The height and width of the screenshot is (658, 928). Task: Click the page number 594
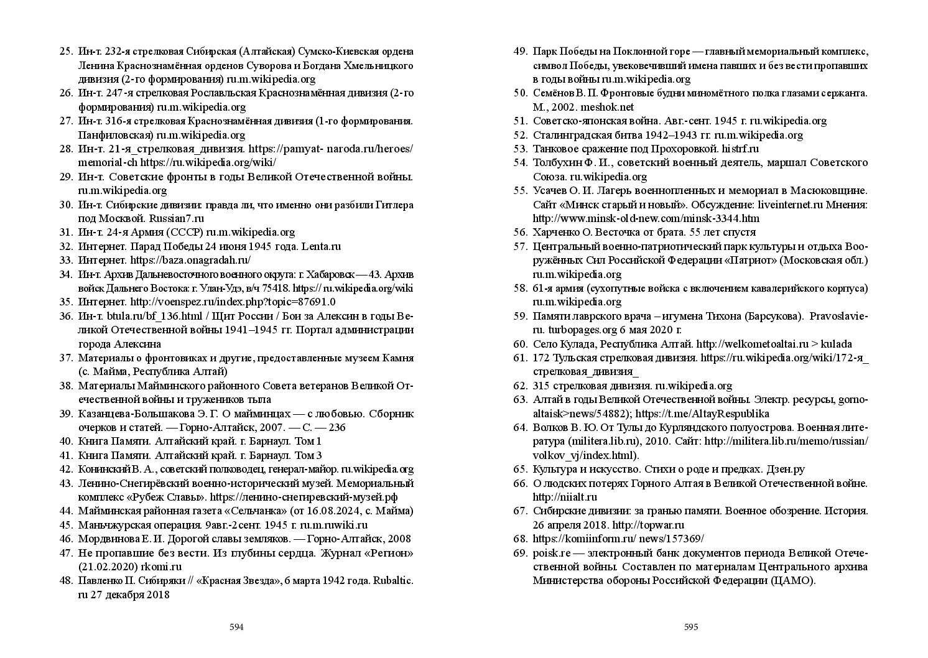pos(236,627)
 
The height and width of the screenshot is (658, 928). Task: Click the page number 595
pos(691,627)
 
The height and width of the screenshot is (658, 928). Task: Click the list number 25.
pos(65,52)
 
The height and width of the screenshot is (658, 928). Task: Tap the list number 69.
pos(520,553)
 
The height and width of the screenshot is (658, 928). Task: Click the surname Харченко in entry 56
pos(554,233)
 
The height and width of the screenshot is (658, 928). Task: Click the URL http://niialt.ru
pos(565,497)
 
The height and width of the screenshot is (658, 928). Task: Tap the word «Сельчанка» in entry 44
pos(258,511)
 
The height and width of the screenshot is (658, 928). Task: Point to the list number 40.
pos(65,442)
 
